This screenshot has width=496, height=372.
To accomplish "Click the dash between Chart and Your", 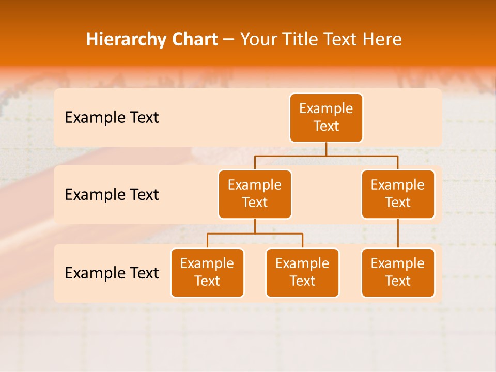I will coord(229,40).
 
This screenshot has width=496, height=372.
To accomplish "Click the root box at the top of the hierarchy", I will coord(326,118).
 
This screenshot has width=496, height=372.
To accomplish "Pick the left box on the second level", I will coord(255,194).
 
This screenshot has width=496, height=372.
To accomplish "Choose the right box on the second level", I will coord(398,194).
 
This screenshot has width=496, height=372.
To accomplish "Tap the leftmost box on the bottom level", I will coord(207,273).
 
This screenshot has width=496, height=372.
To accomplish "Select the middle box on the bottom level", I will coord(302,273).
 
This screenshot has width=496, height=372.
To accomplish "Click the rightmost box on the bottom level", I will coord(398,273).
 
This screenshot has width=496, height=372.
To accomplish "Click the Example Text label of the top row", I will coord(112,118).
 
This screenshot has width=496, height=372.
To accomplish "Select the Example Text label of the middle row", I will coord(112,195).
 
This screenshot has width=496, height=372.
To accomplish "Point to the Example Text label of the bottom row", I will coord(112,273).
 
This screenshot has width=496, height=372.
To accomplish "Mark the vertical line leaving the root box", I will coord(326,149).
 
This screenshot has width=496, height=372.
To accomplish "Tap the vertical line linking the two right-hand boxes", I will coord(398,234).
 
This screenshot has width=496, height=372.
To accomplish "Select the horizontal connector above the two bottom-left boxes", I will coord(279,234).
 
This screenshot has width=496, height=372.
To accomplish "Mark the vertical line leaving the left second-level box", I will coord(255,226).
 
